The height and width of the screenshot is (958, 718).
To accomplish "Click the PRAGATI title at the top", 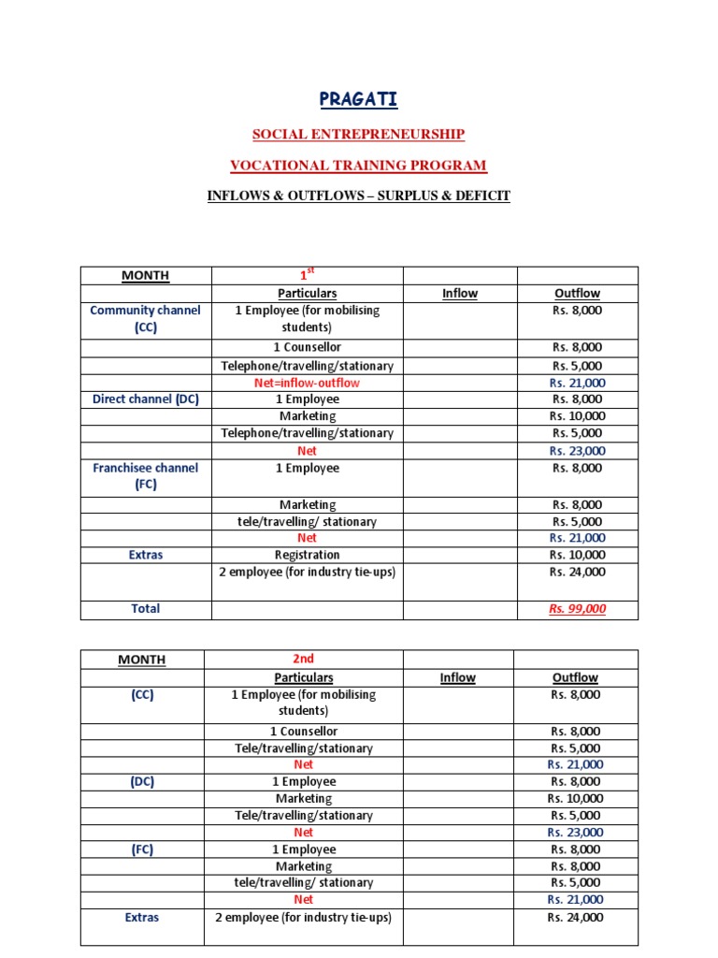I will point(358,99).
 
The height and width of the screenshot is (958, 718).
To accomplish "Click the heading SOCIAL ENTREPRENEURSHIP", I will point(358,134).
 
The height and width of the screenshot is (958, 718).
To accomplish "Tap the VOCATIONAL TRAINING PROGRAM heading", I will point(358,166).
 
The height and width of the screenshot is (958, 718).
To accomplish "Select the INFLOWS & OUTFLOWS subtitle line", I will point(358,196).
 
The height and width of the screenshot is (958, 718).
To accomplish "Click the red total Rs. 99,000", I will point(577,609).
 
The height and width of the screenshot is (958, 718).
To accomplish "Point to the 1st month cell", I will point(306,275).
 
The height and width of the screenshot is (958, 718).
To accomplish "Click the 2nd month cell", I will point(303,660).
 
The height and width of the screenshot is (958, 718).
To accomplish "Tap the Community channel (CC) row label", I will point(145,319).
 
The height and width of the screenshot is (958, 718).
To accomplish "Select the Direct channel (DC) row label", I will point(145,399).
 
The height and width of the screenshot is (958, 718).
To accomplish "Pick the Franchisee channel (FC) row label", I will point(145,476).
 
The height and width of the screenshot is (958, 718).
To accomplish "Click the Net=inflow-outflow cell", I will point(307,383).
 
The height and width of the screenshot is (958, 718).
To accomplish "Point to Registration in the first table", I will point(307,555).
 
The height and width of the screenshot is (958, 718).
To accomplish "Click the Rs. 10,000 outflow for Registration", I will point(577,555).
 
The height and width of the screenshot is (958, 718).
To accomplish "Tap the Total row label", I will point(145,609).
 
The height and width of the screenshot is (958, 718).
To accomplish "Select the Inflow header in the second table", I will point(457,677).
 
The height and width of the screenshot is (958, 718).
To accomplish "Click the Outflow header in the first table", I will point(577,293).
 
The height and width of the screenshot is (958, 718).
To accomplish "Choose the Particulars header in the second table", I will point(303,677).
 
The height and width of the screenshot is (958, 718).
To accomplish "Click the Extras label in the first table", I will point(145,555).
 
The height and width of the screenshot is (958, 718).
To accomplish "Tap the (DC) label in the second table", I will point(142,781).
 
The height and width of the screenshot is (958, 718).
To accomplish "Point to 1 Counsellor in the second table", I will point(303,732).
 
